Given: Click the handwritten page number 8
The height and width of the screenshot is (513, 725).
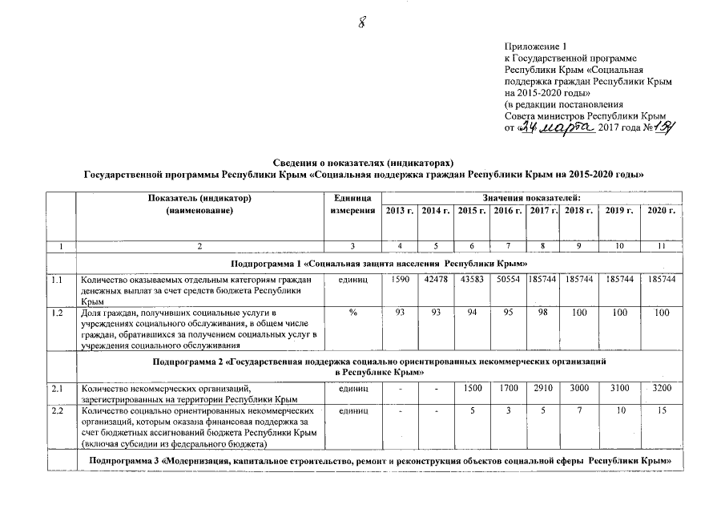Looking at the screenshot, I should [x=361, y=23].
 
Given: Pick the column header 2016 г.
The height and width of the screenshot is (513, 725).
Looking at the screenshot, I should [x=508, y=210].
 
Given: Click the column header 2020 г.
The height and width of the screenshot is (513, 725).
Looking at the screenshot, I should [x=661, y=210].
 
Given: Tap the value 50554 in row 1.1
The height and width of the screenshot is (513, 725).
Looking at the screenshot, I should [x=508, y=279].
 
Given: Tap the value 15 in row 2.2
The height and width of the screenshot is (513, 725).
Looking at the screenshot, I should [x=661, y=410].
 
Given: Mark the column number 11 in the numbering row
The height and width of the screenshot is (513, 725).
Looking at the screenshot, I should [x=661, y=245].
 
